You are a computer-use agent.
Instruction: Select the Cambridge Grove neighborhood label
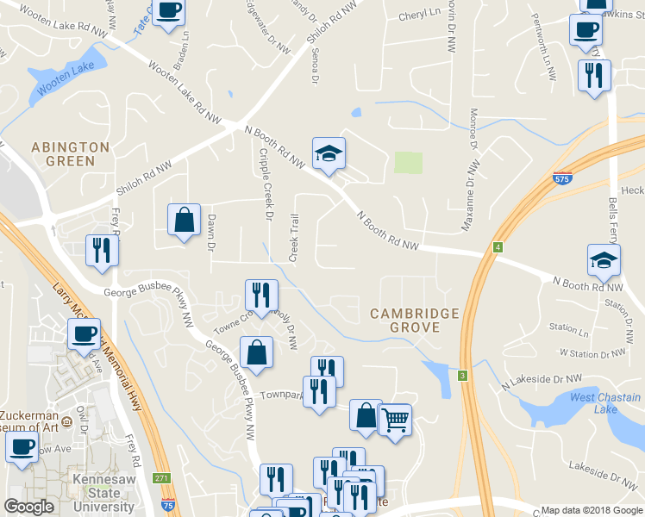(x=416, y=321)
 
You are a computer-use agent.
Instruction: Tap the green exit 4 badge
(x=498, y=248)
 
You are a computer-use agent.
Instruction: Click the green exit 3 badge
(x=463, y=376)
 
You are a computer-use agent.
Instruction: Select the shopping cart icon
(x=395, y=420)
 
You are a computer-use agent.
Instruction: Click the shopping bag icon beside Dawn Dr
(x=185, y=221)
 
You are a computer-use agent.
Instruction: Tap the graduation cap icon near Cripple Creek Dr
(x=329, y=155)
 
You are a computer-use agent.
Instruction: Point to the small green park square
(x=409, y=163)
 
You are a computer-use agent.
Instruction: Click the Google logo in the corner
(x=28, y=507)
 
